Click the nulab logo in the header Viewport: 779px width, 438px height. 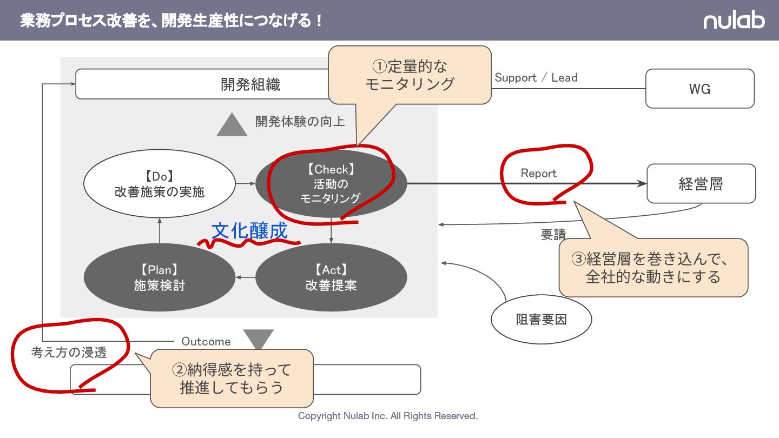pyautogui.click(x=734, y=21)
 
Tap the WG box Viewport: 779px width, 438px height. pyautogui.click(x=699, y=89)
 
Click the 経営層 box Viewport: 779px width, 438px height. pyautogui.click(x=701, y=184)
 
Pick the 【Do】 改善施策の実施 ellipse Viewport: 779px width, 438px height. pyautogui.click(x=160, y=184)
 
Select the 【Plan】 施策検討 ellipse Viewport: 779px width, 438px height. pyautogui.click(x=160, y=278)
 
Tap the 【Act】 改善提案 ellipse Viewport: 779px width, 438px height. pyautogui.click(x=331, y=278)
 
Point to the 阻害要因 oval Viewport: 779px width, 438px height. pyautogui.click(x=541, y=320)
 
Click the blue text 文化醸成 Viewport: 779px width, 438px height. pyautogui.click(x=249, y=231)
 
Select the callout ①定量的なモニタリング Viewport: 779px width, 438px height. pyautogui.click(x=410, y=75)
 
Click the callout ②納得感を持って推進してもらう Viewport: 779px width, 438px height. pyautogui.click(x=232, y=379)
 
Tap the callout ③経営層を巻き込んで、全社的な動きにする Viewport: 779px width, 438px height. pyautogui.click(x=653, y=268)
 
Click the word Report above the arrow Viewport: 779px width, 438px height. pyautogui.click(x=538, y=173)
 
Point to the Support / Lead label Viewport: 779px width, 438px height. pyautogui.click(x=536, y=78)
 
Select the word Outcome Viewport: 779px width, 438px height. pyautogui.click(x=206, y=342)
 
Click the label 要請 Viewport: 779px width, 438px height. pyautogui.click(x=553, y=235)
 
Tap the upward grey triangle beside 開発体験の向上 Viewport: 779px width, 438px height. pyautogui.click(x=232, y=125)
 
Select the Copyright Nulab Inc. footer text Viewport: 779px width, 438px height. pyautogui.click(x=388, y=416)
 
